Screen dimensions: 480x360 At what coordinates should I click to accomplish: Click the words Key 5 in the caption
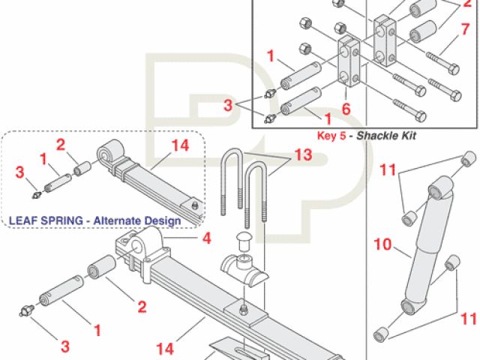pyautogui.click(x=331, y=136)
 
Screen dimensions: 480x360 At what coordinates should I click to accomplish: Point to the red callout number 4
pyautogui.click(x=207, y=238)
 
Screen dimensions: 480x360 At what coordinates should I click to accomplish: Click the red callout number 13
pyautogui.click(x=303, y=155)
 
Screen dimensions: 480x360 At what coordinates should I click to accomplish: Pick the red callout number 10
pyautogui.click(x=383, y=244)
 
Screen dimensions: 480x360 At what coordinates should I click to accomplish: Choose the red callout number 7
pyautogui.click(x=465, y=29)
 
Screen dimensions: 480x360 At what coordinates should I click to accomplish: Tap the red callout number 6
pyautogui.click(x=346, y=109)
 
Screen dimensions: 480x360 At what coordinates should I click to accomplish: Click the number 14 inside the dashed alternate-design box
pyautogui.click(x=180, y=145)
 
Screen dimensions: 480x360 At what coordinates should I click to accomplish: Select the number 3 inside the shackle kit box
pyautogui.click(x=228, y=105)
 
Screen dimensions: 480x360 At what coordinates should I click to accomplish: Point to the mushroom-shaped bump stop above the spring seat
pyautogui.click(x=244, y=241)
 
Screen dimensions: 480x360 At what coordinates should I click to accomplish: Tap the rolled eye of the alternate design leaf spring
pyautogui.click(x=109, y=151)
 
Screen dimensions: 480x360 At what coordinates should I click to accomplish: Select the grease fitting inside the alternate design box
pyautogui.click(x=37, y=194)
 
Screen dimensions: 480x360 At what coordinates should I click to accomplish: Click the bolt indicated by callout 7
pyautogui.click(x=442, y=62)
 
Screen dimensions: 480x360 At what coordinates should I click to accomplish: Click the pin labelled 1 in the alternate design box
pyautogui.click(x=58, y=182)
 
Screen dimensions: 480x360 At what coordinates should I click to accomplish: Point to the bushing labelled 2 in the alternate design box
pyautogui.click(x=82, y=169)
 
